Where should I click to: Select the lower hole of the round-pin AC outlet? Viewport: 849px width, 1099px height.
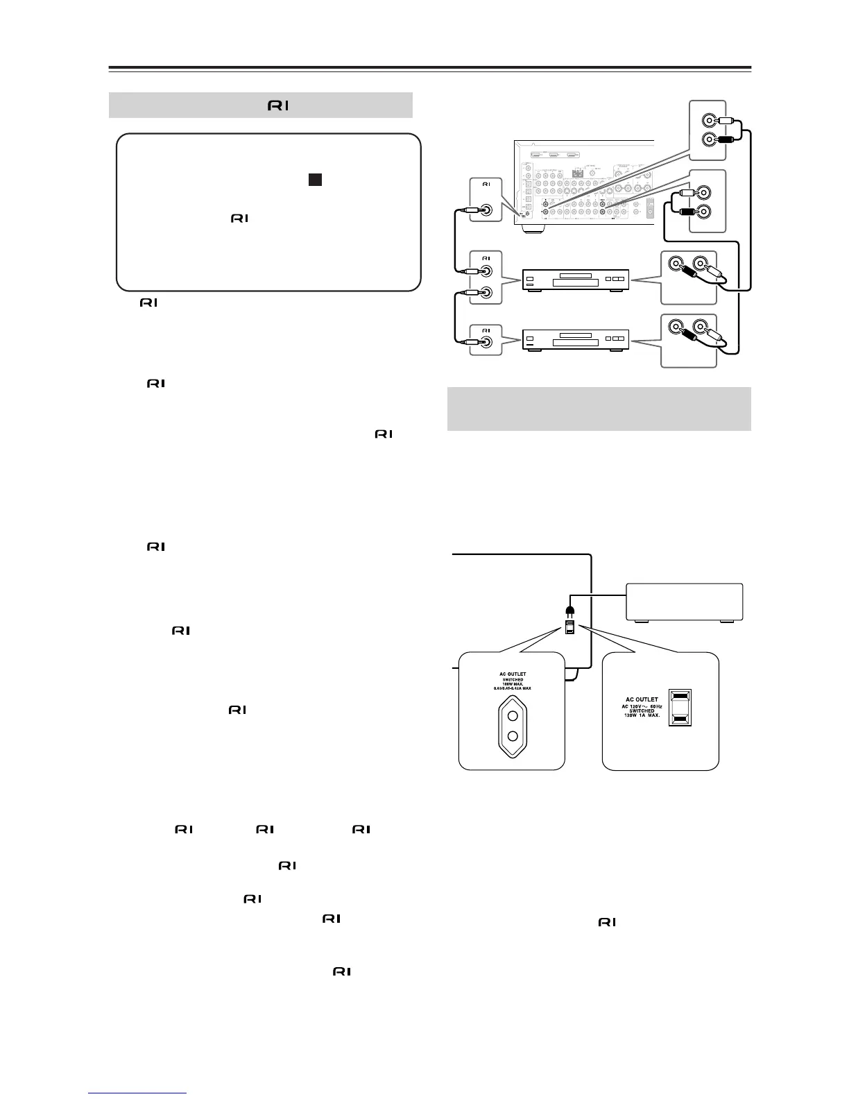[x=513, y=737]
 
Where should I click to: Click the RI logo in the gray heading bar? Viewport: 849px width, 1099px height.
[x=278, y=105]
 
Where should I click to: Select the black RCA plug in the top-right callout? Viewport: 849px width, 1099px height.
[x=724, y=139]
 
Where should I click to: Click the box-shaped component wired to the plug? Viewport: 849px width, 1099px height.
[x=684, y=602]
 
